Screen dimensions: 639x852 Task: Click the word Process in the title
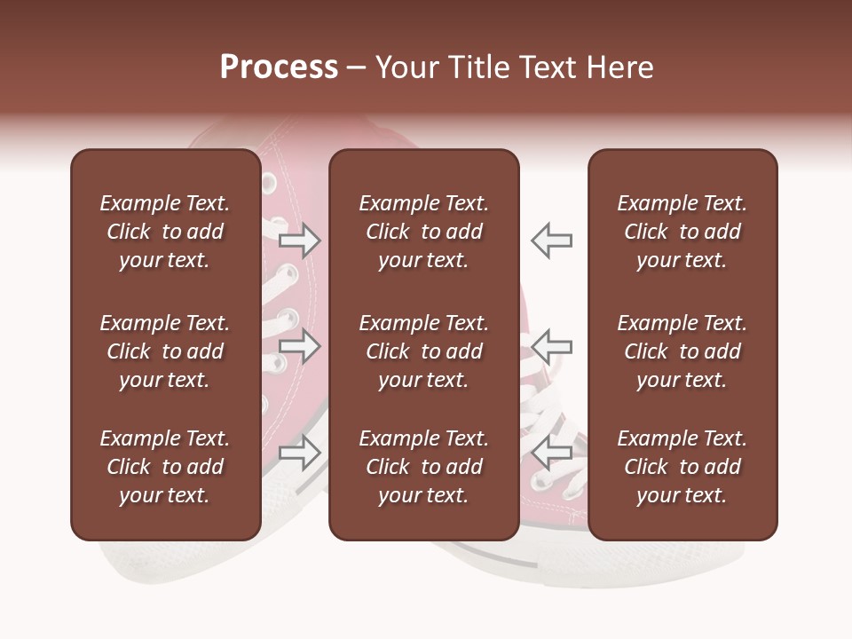click(x=279, y=67)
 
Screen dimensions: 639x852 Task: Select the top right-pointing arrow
click(x=300, y=240)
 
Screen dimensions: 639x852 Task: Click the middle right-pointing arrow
click(x=300, y=346)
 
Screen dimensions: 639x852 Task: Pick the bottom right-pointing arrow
click(x=300, y=453)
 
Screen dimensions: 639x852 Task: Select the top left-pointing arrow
click(x=551, y=240)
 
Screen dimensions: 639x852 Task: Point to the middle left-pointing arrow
click(x=551, y=346)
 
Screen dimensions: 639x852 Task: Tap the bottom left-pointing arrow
click(x=551, y=450)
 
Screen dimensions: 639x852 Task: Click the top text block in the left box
click(x=165, y=232)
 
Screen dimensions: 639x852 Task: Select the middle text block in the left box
click(x=165, y=351)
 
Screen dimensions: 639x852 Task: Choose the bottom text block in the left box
click(x=165, y=467)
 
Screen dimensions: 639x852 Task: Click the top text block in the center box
click(x=423, y=232)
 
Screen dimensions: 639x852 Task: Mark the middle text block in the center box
click(x=423, y=351)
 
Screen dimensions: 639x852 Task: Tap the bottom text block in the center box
click(x=423, y=467)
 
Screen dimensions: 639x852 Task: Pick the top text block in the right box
click(x=682, y=232)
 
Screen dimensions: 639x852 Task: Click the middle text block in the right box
click(x=682, y=351)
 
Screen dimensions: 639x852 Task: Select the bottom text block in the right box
click(x=682, y=467)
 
